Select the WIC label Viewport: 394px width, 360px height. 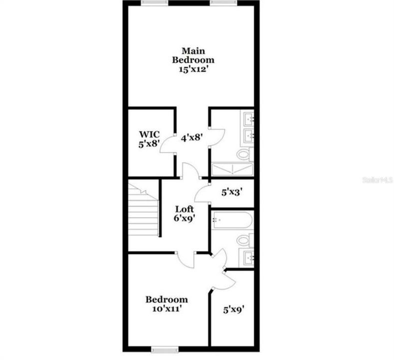pyautogui.click(x=149, y=134)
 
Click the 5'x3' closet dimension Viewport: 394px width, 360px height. pyautogui.click(x=231, y=191)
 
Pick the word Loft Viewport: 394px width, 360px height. pyautogui.click(x=184, y=209)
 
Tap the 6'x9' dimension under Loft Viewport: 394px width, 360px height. pyautogui.click(x=184, y=218)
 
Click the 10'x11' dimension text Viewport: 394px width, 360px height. pyautogui.click(x=166, y=309)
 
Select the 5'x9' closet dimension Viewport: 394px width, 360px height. pyautogui.click(x=233, y=309)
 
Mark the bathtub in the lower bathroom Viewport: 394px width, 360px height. pyautogui.click(x=232, y=220)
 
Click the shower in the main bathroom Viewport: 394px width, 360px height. pyautogui.click(x=232, y=168)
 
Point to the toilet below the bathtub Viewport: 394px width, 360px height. pyautogui.click(x=244, y=240)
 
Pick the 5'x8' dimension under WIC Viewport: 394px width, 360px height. pyautogui.click(x=149, y=144)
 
